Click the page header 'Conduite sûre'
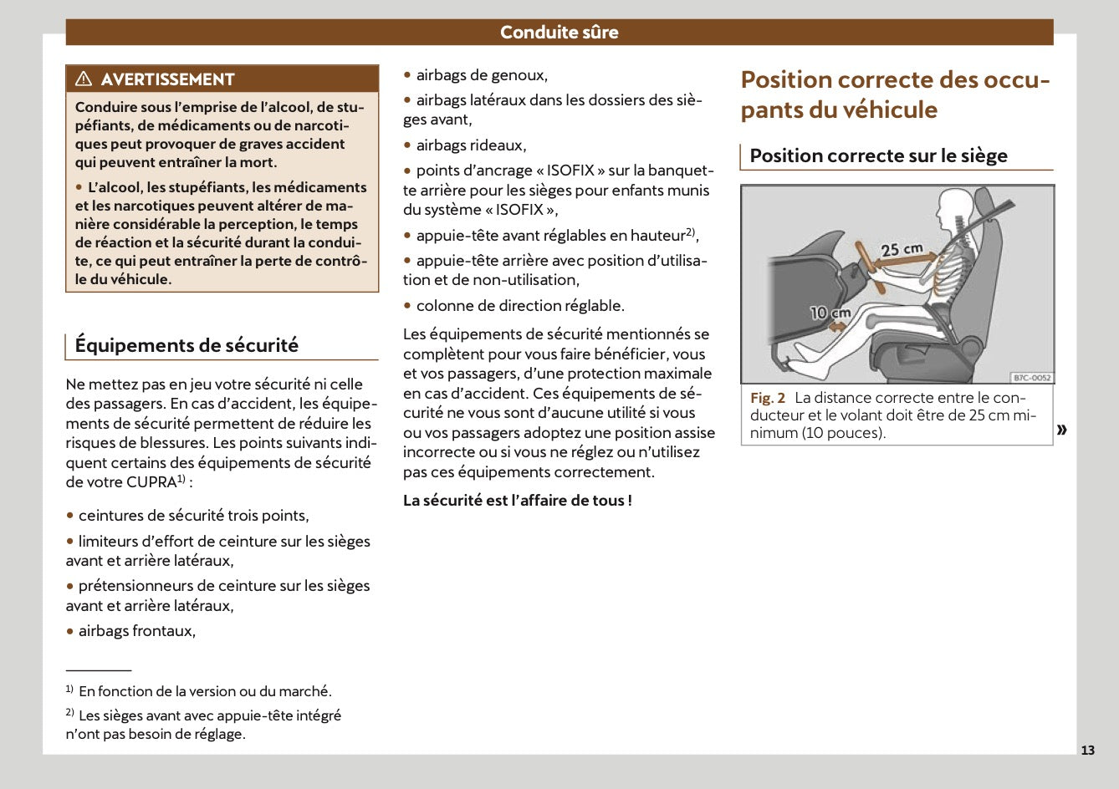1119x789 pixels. [x=559, y=33]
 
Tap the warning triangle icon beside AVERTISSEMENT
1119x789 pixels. [x=84, y=79]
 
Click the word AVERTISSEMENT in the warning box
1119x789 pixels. [x=167, y=79]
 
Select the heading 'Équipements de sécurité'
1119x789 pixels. [x=186, y=345]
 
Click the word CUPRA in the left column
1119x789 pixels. [x=151, y=482]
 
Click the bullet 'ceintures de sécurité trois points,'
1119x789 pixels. [x=193, y=516]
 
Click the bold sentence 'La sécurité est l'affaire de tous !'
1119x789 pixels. [x=517, y=501]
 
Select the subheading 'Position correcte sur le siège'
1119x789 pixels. [x=878, y=155]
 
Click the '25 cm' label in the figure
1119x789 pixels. [x=902, y=249]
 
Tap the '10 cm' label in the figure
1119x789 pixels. [x=830, y=313]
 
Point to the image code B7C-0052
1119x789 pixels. [x=1031, y=378]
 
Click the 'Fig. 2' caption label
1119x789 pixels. [x=767, y=399]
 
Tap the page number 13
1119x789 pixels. [x=1087, y=750]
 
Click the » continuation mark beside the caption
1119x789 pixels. [x=1061, y=430]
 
